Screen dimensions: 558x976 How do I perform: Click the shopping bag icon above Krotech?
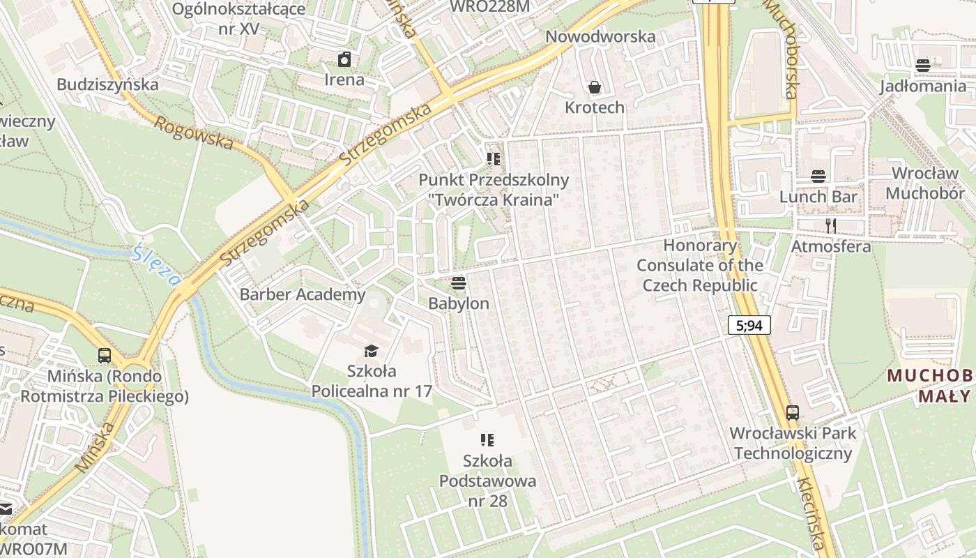(595, 87)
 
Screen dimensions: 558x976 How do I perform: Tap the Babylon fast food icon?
(458, 283)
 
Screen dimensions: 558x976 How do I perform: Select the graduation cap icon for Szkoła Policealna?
(371, 350)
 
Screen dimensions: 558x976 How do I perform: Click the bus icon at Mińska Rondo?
(105, 356)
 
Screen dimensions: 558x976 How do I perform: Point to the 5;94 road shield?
(749, 325)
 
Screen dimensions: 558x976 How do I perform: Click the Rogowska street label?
(193, 133)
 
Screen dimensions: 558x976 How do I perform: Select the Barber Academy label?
(303, 294)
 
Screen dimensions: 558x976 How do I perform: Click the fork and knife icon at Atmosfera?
(830, 225)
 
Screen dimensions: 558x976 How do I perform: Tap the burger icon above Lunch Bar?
(818, 176)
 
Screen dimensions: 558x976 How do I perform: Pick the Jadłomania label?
(923, 86)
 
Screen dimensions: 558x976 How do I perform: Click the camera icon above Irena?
(344, 59)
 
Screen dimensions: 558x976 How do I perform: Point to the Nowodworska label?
(600, 36)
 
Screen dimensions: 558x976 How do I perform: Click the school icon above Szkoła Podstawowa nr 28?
(487, 440)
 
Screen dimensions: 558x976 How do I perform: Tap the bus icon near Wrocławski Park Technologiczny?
(792, 412)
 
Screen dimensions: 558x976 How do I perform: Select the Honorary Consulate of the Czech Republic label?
(699, 266)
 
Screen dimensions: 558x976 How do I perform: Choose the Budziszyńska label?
(107, 84)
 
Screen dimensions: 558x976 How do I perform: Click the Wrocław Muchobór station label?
(924, 183)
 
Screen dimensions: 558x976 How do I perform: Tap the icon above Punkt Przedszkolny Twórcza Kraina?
(494, 159)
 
